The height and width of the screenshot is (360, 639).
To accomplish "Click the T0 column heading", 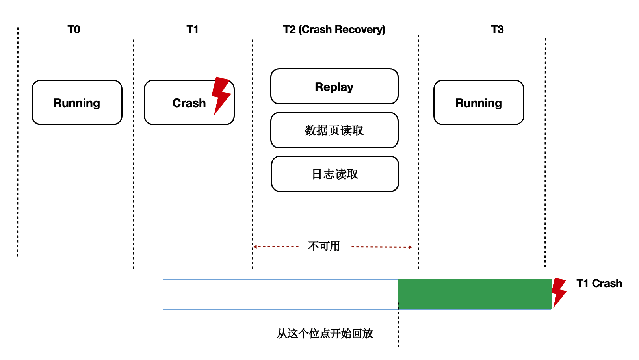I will (x=74, y=30).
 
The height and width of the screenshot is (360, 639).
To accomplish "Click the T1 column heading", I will (x=192, y=30).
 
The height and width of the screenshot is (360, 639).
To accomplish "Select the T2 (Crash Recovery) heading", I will (x=334, y=30).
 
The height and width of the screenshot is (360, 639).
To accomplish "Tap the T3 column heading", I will (x=497, y=30).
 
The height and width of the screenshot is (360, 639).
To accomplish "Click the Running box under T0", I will (x=77, y=103).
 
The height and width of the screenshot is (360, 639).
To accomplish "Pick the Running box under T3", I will (x=479, y=103).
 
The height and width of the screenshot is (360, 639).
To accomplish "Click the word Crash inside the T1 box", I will (x=189, y=103).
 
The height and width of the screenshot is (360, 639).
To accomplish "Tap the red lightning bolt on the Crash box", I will (x=221, y=95).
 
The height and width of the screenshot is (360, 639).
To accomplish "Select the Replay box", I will (x=334, y=87).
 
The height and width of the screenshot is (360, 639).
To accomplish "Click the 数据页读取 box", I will (x=334, y=130).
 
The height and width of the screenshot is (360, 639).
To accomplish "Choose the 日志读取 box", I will (x=335, y=174).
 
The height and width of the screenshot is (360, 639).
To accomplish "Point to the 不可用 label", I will (x=324, y=247).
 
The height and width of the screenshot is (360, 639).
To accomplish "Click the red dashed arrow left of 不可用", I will (x=276, y=247).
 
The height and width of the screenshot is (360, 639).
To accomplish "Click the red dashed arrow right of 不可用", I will (x=381, y=247).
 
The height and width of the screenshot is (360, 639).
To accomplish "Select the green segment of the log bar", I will (x=474, y=294).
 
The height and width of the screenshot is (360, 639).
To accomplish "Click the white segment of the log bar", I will (x=280, y=294).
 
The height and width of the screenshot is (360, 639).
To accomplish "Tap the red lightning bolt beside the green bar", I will (x=558, y=292).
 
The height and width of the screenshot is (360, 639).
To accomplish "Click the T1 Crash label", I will (x=599, y=284).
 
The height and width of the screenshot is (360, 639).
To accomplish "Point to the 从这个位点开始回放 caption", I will (x=325, y=334).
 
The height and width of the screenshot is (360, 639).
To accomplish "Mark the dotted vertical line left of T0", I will (x=18, y=142).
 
